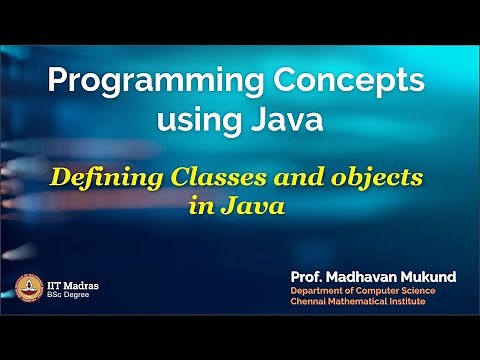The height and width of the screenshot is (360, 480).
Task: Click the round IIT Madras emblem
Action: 27,287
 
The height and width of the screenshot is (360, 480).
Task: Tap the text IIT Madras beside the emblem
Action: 72,283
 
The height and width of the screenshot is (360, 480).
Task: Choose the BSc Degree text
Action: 68,294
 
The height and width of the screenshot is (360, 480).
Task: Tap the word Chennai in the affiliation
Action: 310,303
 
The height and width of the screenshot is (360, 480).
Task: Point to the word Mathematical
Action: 367,303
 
